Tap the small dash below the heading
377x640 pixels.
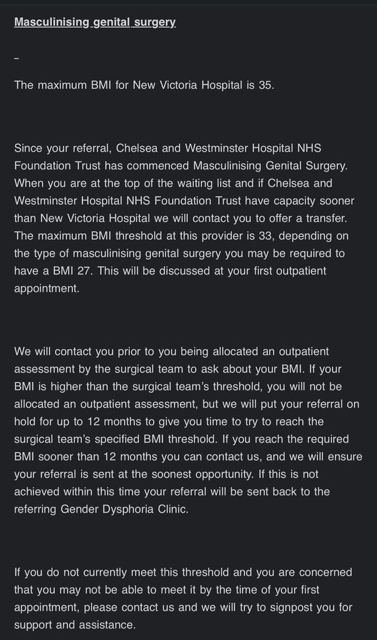[x=17, y=58]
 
